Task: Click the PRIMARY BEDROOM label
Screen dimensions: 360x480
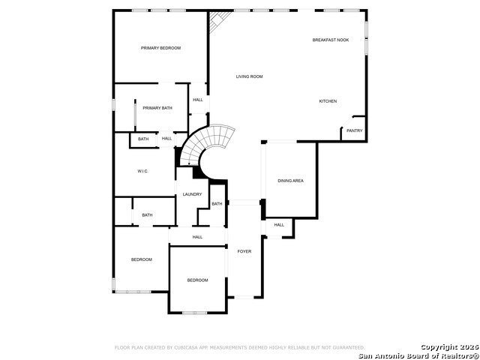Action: tap(161, 48)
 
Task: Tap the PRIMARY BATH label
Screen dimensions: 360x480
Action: tap(157, 108)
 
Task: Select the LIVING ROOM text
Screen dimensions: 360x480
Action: tap(249, 76)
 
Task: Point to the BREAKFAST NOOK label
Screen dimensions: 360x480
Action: tap(331, 40)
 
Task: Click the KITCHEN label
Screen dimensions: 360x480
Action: tap(328, 101)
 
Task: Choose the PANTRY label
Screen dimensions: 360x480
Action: tap(354, 130)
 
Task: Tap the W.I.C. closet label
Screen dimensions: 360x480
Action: tap(142, 172)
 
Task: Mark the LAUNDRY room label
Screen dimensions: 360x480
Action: tap(192, 194)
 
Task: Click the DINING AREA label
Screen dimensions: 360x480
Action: tap(290, 181)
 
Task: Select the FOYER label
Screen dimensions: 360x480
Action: tap(244, 251)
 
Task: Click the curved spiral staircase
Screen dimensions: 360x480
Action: tap(210, 145)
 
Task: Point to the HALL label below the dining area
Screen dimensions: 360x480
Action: tap(279, 225)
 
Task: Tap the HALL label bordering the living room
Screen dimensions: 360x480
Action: tap(198, 100)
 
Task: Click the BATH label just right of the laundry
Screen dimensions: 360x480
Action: tap(216, 204)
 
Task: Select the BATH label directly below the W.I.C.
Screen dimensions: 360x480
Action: tap(147, 215)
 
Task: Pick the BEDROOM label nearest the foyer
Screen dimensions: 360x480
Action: tap(197, 280)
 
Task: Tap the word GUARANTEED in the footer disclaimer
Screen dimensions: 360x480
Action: tap(348, 348)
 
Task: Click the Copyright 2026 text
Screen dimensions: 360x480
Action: tap(448, 346)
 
